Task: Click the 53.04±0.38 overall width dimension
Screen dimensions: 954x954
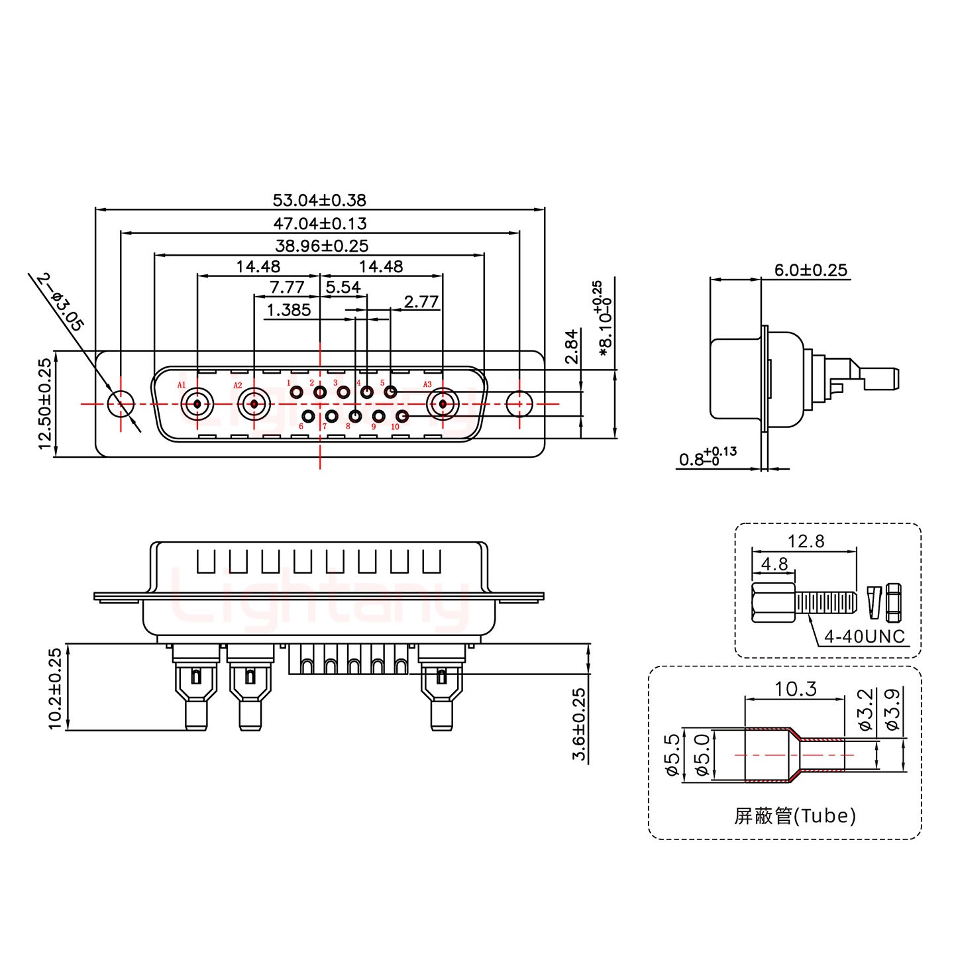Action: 319,199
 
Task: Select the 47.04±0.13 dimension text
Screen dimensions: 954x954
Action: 319,223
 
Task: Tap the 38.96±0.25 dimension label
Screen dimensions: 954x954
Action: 322,246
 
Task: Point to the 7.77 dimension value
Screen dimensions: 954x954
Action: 287,288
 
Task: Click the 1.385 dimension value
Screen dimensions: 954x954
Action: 289,309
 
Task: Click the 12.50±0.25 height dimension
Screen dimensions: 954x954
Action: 44,403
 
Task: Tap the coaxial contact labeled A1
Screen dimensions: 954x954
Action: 197,403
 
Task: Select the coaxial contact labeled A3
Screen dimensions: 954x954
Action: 443,403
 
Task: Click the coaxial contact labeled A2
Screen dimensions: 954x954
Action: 254,403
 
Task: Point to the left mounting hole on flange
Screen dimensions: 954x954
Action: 121,403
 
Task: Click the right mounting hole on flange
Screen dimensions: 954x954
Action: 519,403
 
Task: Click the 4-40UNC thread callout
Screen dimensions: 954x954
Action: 864,637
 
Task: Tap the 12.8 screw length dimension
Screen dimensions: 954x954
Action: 806,541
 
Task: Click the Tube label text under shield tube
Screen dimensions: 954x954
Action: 795,816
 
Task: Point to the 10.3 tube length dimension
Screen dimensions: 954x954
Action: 796,690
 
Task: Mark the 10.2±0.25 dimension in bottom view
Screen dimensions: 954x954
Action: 55,688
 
